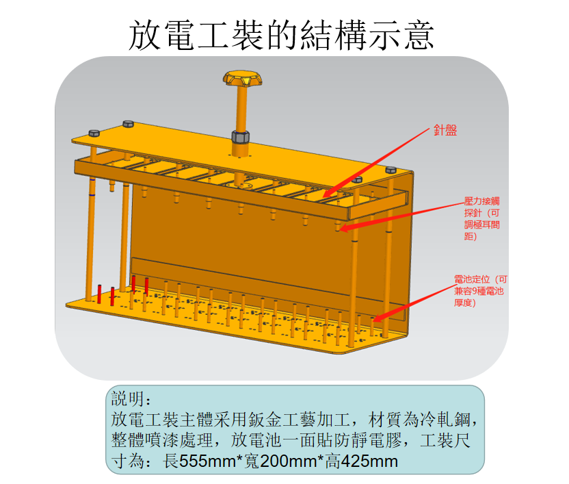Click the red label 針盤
click(445, 129)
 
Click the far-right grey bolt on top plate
click(391, 169)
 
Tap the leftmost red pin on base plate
click(100, 294)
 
